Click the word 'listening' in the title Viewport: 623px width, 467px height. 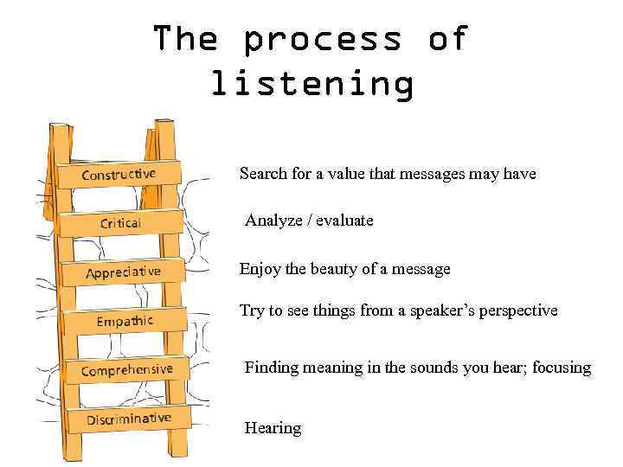point(311,85)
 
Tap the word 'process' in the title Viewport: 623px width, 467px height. point(322,39)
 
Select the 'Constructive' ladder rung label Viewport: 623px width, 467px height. point(119,174)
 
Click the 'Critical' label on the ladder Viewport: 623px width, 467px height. point(120,223)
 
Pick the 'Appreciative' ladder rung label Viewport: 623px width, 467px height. point(123,272)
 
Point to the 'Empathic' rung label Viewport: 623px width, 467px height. point(125,322)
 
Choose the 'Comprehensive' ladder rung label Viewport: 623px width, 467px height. point(126,370)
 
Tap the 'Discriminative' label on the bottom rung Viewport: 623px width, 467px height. point(128,419)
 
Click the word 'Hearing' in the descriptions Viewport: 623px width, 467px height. point(273,428)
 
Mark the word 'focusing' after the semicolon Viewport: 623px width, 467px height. point(562,368)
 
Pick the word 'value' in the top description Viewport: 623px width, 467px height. point(346,174)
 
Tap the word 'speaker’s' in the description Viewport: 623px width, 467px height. point(433,310)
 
